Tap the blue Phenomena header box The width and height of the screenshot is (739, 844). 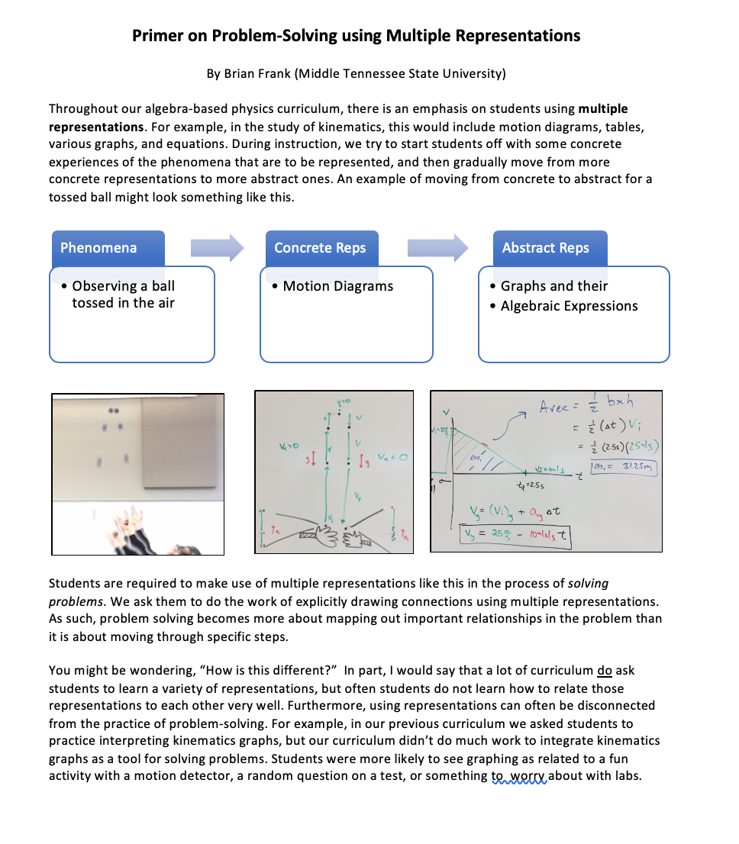[x=108, y=248]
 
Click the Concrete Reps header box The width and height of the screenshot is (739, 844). [x=320, y=248]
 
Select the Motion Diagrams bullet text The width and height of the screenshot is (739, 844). [x=337, y=286]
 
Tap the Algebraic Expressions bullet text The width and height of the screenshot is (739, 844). [x=569, y=306]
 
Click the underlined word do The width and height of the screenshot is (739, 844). [x=605, y=671]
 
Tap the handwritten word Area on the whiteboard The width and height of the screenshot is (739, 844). [x=557, y=407]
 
